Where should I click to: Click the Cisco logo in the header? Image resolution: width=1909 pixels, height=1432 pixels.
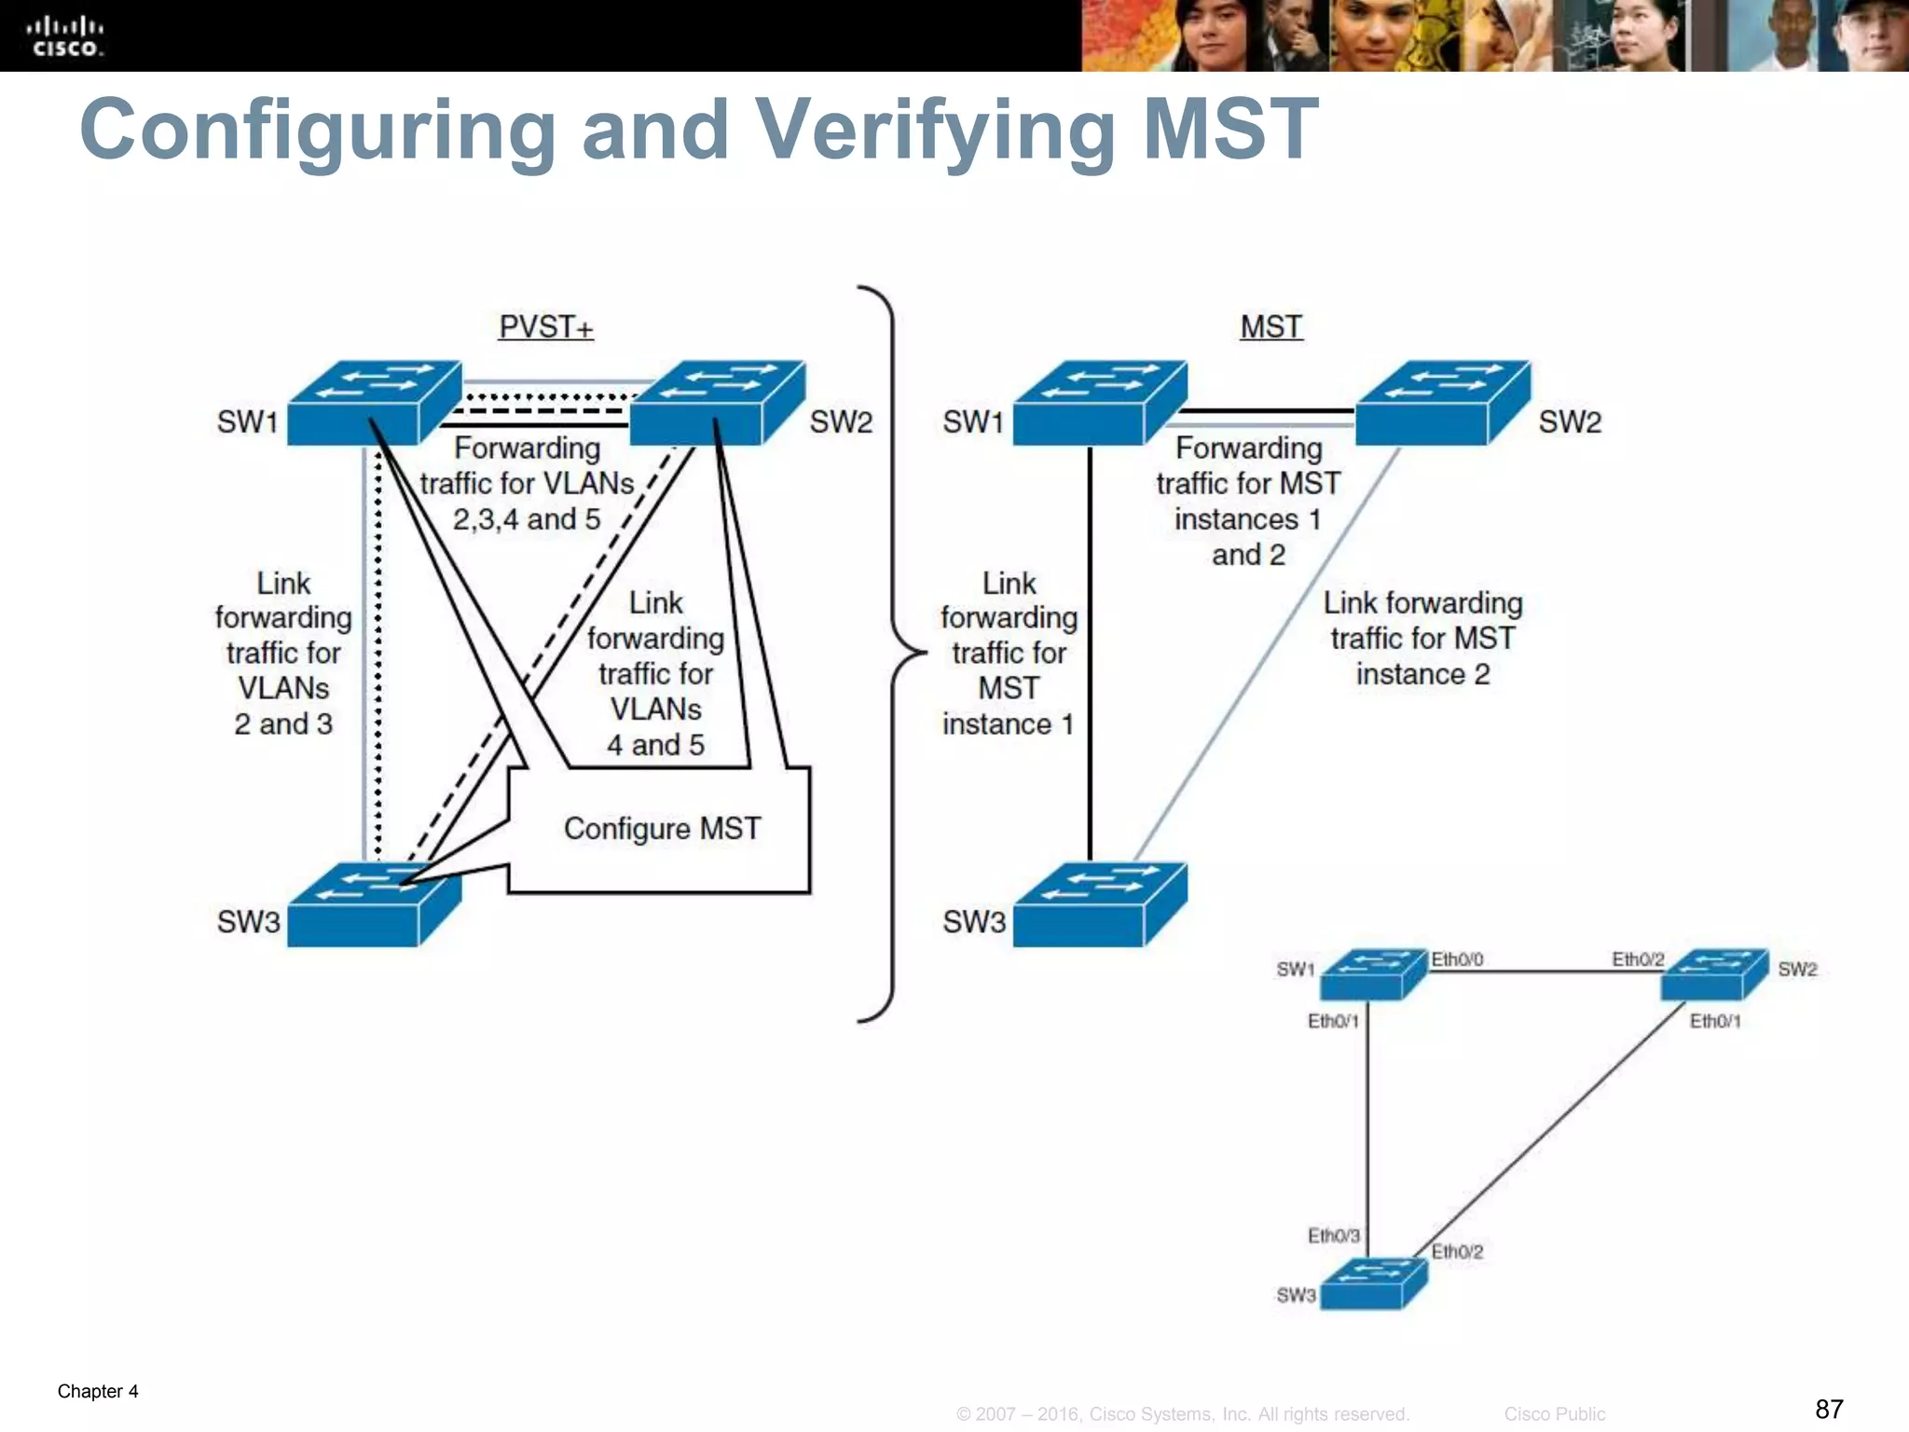(64, 36)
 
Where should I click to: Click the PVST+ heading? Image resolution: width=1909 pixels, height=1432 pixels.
(545, 327)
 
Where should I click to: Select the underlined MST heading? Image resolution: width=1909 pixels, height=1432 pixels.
(1270, 327)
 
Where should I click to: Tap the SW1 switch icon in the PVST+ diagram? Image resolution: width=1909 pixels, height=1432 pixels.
(373, 403)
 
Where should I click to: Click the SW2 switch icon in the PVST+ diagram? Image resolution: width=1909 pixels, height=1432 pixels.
(717, 403)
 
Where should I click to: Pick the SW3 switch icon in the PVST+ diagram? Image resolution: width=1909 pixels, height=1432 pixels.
(373, 904)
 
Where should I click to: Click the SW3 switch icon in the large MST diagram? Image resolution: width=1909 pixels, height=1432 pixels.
(1099, 904)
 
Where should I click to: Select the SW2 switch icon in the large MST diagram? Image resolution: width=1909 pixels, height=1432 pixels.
(1442, 403)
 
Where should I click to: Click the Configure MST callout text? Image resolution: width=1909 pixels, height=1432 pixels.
(662, 829)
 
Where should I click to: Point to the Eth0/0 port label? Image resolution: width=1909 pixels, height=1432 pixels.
(1457, 959)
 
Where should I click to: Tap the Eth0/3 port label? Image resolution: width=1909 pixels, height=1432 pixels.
(1333, 1235)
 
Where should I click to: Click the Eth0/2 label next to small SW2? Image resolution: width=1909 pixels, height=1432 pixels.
(1638, 959)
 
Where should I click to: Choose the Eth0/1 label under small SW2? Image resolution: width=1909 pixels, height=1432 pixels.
(1715, 1021)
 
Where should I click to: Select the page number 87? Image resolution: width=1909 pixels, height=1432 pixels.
(1829, 1409)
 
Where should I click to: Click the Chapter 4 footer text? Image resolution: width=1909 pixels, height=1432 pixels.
(98, 1391)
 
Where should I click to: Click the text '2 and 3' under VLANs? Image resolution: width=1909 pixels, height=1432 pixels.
(283, 724)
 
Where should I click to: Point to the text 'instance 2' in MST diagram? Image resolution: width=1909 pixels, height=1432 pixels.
(1422, 674)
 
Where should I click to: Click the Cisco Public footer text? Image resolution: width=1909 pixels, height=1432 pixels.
(1554, 1414)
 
